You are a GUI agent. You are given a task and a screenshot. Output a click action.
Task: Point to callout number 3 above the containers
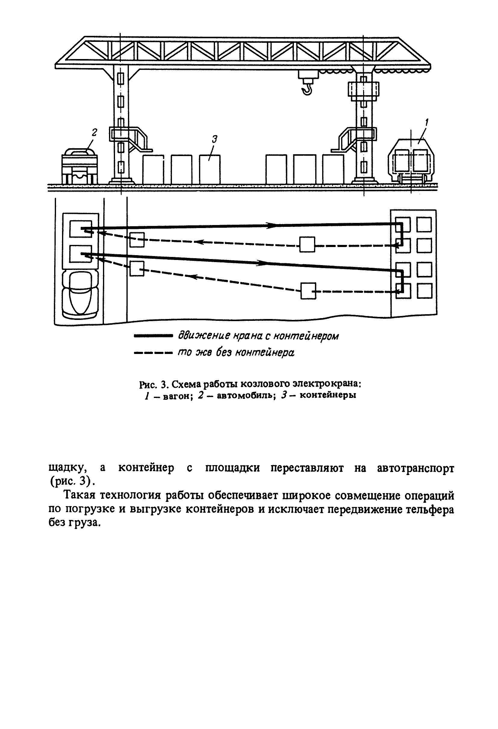pyautogui.click(x=214, y=139)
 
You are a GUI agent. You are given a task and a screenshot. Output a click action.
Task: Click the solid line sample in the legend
pyautogui.click(x=153, y=336)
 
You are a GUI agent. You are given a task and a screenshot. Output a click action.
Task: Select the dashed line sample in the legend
pyautogui.click(x=153, y=353)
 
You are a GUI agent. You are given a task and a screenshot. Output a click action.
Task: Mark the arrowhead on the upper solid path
pyautogui.click(x=272, y=225)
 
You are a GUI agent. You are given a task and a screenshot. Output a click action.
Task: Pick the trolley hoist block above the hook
pyautogui.click(x=307, y=75)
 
